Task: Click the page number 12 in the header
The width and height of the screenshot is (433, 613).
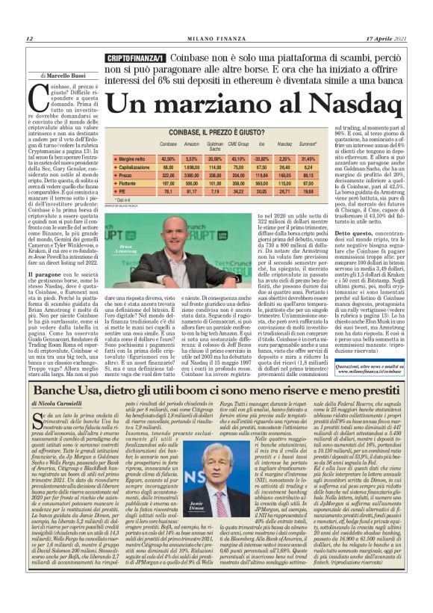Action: click(29, 39)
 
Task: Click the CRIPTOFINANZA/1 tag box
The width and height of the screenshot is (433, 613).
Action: click(136, 58)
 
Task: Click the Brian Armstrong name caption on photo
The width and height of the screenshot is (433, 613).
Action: click(148, 265)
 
